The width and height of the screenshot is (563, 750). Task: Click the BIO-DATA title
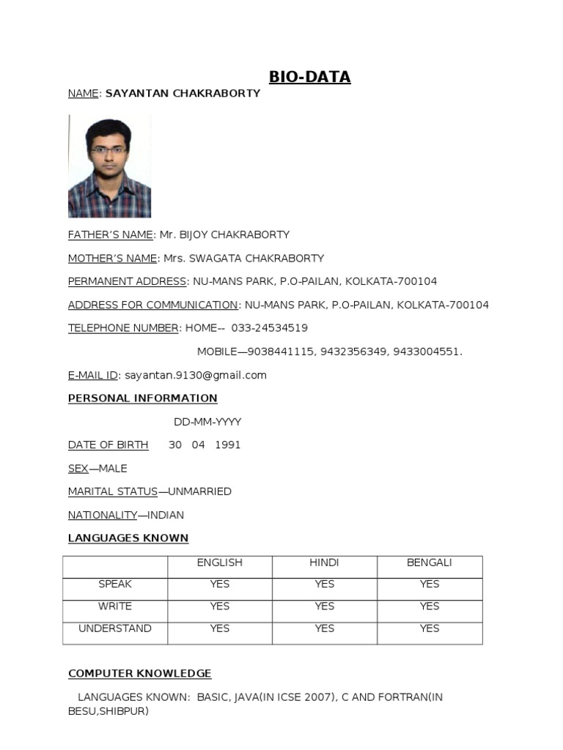pyautogui.click(x=309, y=77)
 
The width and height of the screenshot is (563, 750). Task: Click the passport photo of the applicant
pyautogui.click(x=109, y=166)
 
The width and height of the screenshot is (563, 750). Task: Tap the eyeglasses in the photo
pyautogui.click(x=108, y=151)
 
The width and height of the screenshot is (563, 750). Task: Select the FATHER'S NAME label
pyautogui.click(x=111, y=235)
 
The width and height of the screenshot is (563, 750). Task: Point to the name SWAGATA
pyautogui.click(x=217, y=259)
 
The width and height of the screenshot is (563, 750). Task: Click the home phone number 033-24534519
pyautogui.click(x=269, y=328)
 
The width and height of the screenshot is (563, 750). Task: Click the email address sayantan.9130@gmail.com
pyautogui.click(x=196, y=375)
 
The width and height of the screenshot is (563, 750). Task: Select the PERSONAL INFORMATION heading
pyautogui.click(x=143, y=398)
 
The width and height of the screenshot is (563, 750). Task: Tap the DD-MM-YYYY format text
pyautogui.click(x=207, y=422)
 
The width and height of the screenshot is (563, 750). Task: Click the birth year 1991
pyautogui.click(x=227, y=445)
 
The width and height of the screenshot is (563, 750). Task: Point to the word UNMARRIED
pyautogui.click(x=199, y=491)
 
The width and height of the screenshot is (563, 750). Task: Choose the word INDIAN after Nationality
pyautogui.click(x=164, y=515)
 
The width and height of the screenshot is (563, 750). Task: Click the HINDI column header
pyautogui.click(x=325, y=562)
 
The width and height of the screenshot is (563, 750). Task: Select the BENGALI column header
pyautogui.click(x=430, y=562)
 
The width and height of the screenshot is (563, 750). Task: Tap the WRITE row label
pyautogui.click(x=115, y=606)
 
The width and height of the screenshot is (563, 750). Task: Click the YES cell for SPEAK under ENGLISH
pyautogui.click(x=220, y=584)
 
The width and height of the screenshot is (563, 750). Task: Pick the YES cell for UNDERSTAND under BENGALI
pyautogui.click(x=430, y=628)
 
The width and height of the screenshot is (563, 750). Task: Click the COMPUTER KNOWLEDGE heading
pyautogui.click(x=139, y=674)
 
